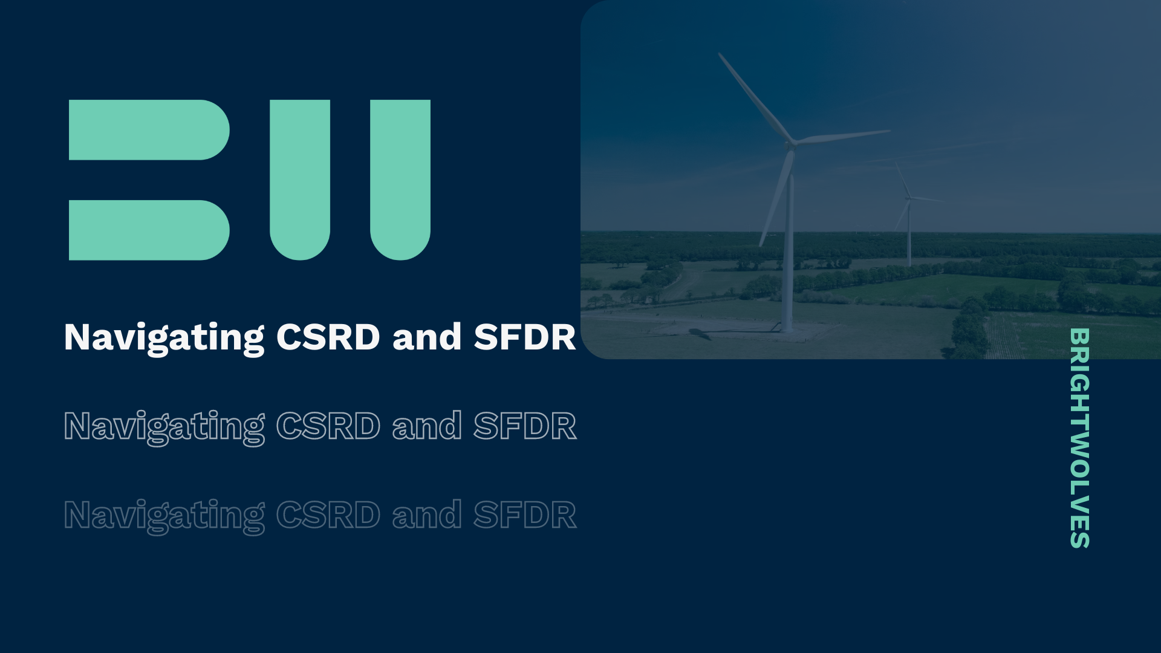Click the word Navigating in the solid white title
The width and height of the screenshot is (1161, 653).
pyautogui.click(x=164, y=337)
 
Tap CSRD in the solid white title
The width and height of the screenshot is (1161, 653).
pyautogui.click(x=328, y=337)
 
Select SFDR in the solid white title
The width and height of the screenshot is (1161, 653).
pyautogui.click(x=524, y=337)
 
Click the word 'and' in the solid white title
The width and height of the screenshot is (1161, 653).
pyautogui.click(x=427, y=337)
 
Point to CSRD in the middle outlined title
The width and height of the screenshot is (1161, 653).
pyautogui.click(x=328, y=426)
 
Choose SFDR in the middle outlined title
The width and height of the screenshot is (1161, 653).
pyautogui.click(x=524, y=426)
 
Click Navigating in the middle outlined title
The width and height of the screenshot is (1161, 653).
pyautogui.click(x=164, y=427)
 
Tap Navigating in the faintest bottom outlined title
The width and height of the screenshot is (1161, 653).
pyautogui.click(x=164, y=516)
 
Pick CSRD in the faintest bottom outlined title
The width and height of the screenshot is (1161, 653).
pyautogui.click(x=328, y=515)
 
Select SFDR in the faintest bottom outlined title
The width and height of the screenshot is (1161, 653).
pyautogui.click(x=524, y=515)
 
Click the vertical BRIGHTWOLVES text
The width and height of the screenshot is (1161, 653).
pyautogui.click(x=1079, y=438)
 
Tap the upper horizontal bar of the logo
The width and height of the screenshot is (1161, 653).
pyautogui.click(x=148, y=130)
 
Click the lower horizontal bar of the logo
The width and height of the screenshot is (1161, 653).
pyautogui.click(x=148, y=230)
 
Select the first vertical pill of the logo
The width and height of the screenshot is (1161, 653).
pyautogui.click(x=300, y=179)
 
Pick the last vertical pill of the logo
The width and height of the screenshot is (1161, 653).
pyautogui.click(x=400, y=179)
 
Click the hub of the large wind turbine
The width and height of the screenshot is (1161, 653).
pyautogui.click(x=790, y=145)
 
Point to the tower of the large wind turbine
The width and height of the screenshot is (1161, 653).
pyautogui.click(x=788, y=254)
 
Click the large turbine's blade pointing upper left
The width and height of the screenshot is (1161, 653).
pyautogui.click(x=755, y=97)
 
